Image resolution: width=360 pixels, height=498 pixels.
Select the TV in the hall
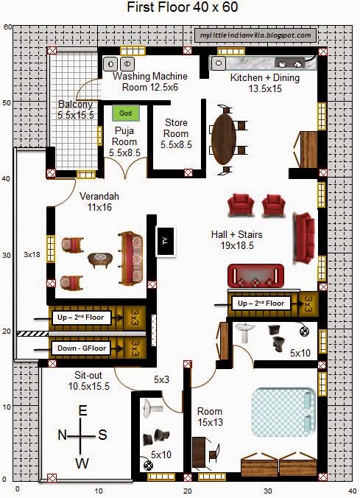coord(165,240)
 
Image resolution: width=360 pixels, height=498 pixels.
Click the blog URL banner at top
coord(257,35)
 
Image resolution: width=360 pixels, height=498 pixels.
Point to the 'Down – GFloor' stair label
coord(80,347)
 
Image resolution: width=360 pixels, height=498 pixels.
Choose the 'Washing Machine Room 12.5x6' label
coord(149,81)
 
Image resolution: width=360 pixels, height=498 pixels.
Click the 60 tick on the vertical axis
coord(6,27)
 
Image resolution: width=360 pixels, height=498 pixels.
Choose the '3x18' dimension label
coord(31,255)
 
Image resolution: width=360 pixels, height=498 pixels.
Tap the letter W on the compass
coord(82,462)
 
